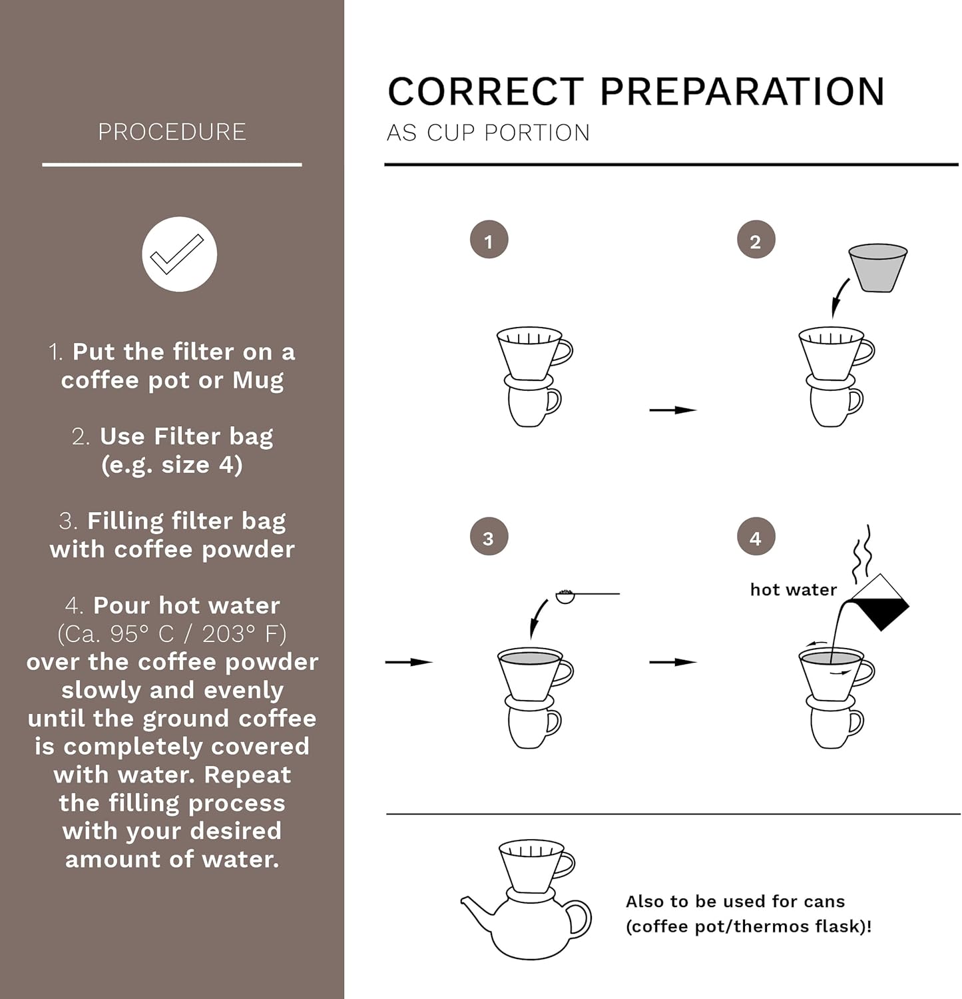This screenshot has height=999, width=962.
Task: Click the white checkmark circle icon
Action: (179, 254)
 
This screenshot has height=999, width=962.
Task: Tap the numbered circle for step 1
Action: (489, 240)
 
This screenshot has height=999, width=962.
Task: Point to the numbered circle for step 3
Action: (489, 537)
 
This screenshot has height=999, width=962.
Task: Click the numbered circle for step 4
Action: (756, 537)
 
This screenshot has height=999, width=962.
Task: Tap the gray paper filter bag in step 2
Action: (877, 268)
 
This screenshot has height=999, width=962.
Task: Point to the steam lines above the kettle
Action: (863, 554)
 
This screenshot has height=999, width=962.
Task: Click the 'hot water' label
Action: (793, 589)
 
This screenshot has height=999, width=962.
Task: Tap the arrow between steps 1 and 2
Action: (672, 410)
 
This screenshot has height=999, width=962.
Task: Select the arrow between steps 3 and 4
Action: (672, 662)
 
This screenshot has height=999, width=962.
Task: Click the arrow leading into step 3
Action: (409, 662)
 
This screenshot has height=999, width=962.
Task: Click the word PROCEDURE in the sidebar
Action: (172, 132)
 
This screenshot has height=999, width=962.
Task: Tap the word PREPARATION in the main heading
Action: (742, 92)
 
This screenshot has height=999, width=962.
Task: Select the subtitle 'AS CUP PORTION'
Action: (488, 133)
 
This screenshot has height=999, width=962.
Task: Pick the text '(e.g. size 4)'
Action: (172, 465)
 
